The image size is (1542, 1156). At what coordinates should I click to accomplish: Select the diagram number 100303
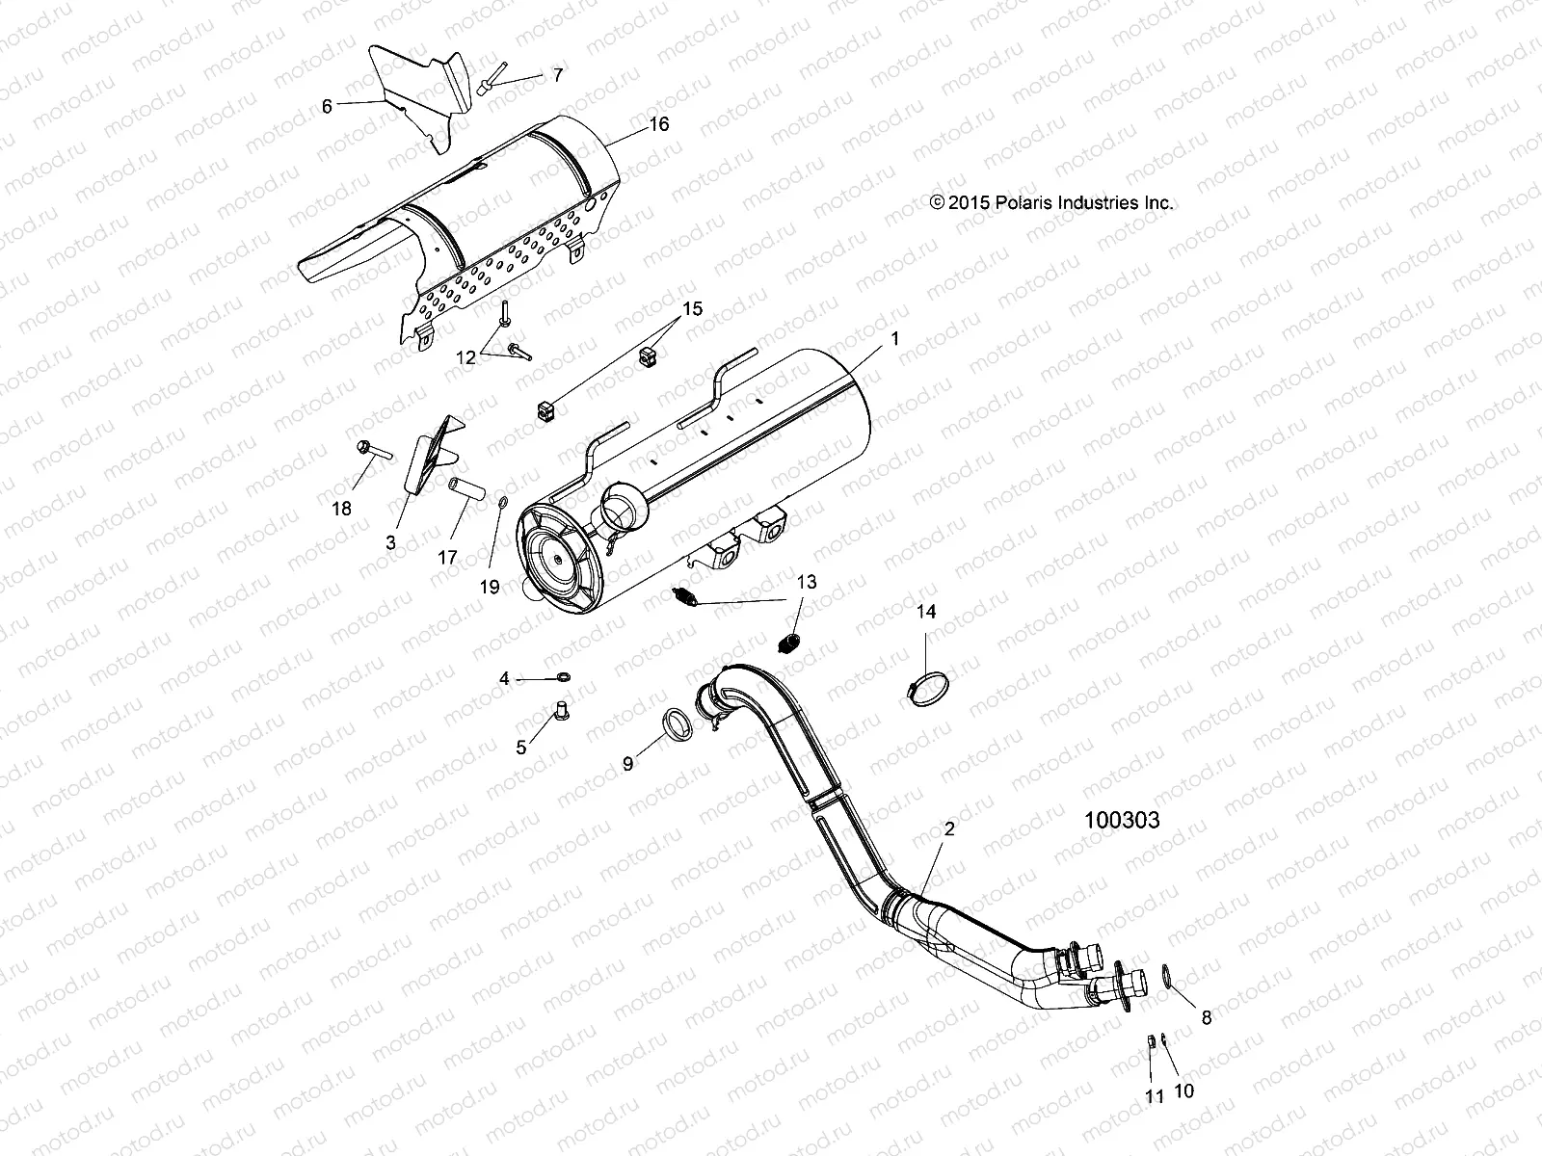[x=1121, y=821]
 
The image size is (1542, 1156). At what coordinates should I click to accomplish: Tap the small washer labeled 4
[x=563, y=678]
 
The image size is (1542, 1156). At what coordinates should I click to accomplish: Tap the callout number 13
[x=806, y=582]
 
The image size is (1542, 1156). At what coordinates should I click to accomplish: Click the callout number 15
[x=692, y=309]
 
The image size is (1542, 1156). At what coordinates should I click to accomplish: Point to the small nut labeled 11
[x=1150, y=1042]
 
